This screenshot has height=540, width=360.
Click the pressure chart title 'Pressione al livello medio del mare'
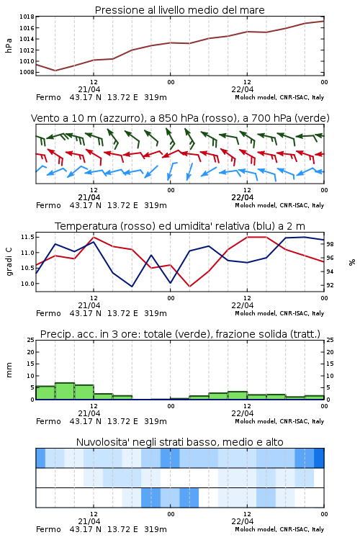coord(179,10)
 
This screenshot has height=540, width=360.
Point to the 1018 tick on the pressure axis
coord(27,17)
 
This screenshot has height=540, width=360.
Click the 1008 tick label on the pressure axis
coord(27,72)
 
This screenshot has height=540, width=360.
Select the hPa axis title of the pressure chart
coord(9,45)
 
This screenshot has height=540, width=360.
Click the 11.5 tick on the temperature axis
coord(27,237)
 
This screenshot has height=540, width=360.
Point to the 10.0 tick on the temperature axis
coord(27,284)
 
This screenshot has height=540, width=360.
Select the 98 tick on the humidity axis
coord(330,244)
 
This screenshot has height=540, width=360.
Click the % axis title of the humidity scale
coord(352,262)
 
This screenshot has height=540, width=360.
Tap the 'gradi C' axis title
coord(9,262)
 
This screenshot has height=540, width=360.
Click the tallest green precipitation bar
coord(65,391)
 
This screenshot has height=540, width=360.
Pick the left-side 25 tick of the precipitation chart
coord(31,340)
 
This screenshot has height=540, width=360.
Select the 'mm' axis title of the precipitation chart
coord(9,370)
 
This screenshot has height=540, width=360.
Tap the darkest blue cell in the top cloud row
coord(319,458)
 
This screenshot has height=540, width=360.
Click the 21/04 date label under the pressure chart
coord(89,89)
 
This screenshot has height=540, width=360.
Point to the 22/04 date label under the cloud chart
coord(243,521)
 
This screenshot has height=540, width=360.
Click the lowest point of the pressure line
coord(55,71)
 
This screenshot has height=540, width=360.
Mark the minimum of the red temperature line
coord(189,286)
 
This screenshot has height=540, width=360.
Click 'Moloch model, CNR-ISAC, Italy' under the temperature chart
coord(279,313)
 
